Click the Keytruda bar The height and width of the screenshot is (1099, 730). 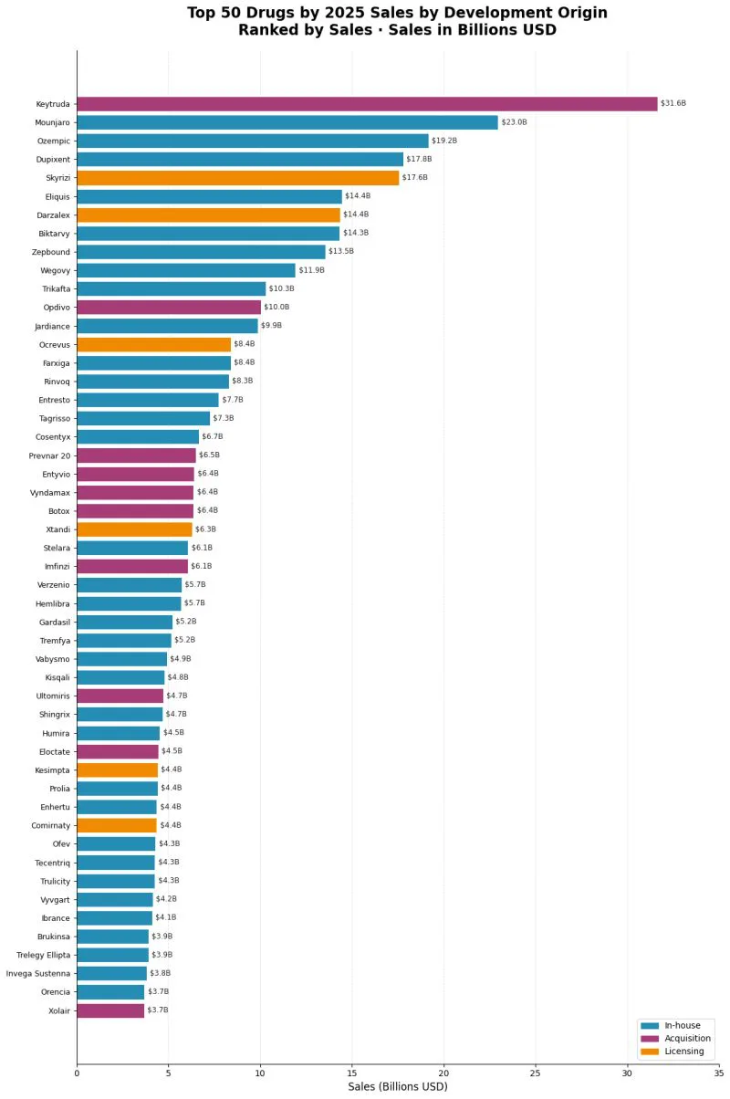click(x=367, y=104)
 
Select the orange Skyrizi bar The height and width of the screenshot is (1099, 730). click(x=238, y=178)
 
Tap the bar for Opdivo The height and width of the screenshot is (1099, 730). click(x=169, y=307)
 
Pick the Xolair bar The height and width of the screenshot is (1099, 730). click(x=110, y=1010)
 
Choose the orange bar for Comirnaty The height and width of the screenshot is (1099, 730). click(x=117, y=826)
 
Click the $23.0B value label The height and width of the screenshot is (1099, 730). click(x=514, y=122)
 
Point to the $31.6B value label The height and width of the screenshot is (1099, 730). click(x=673, y=103)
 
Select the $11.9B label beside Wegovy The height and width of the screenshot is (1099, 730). click(x=311, y=270)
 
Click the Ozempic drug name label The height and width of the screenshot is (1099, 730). click(x=54, y=141)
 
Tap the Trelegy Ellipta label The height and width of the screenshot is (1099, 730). click(x=43, y=956)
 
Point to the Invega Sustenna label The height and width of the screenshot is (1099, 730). click(x=38, y=973)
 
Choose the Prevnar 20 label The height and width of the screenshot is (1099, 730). click(x=49, y=455)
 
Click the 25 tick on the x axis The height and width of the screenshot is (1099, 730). click(x=536, y=1073)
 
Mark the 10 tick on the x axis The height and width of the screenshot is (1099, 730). click(x=260, y=1073)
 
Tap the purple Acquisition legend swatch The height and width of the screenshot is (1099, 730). click(x=650, y=1039)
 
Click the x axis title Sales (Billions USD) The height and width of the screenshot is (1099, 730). click(x=398, y=1087)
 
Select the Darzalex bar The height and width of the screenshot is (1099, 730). click(x=208, y=215)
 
